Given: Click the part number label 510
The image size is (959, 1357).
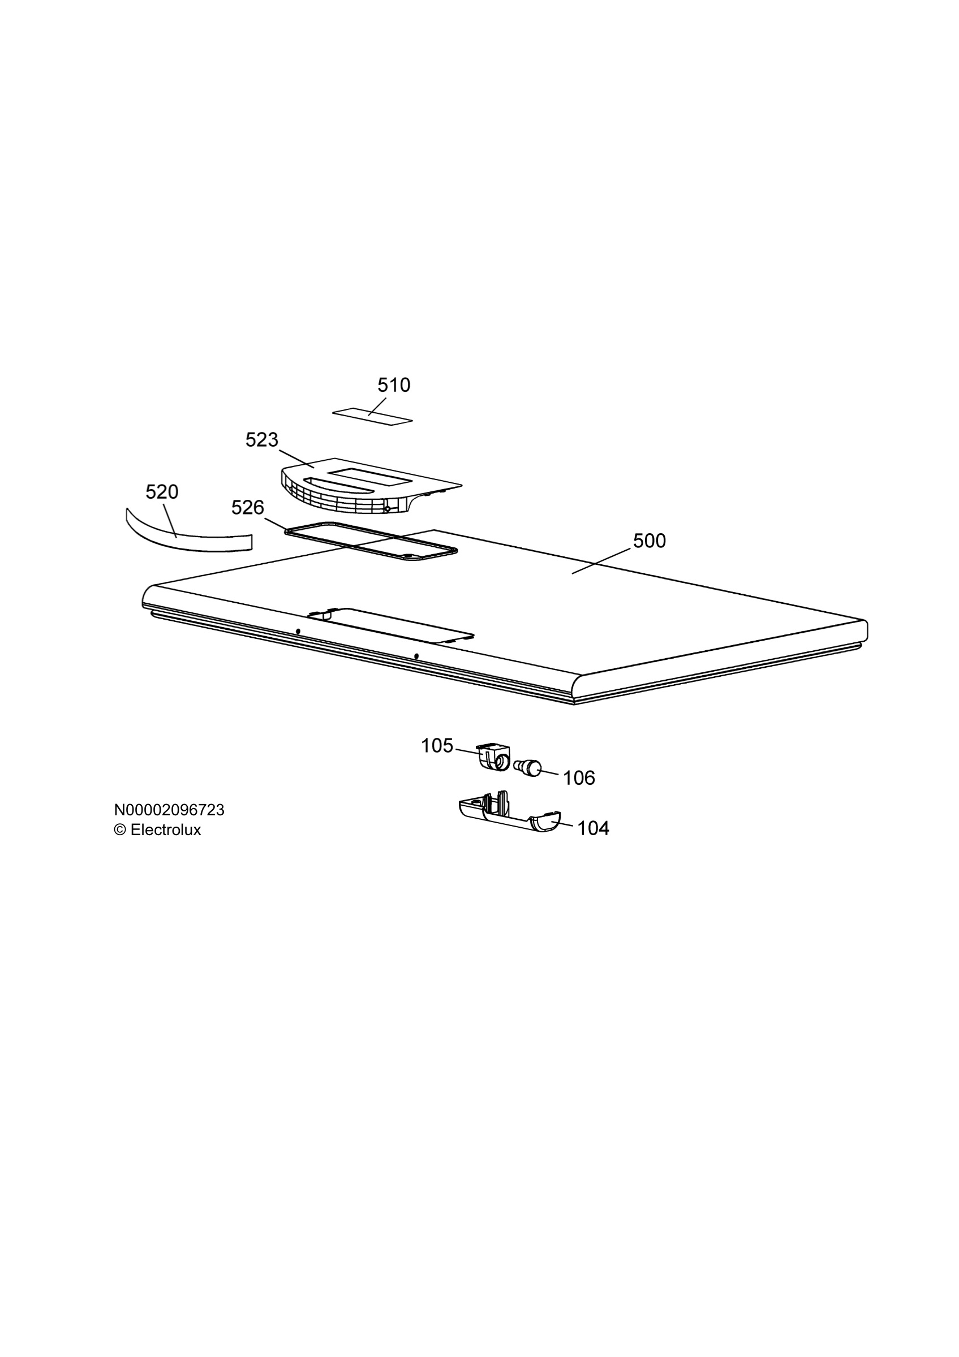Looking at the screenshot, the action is [394, 386].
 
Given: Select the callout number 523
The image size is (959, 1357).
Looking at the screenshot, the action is [262, 440].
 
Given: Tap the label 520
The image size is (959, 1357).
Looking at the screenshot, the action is [162, 492].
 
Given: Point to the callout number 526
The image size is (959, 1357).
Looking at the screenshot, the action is [248, 507].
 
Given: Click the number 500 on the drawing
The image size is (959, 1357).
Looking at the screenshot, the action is [649, 541].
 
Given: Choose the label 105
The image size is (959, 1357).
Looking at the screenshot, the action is [437, 746].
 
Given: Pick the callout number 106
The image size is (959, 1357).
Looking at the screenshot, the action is [579, 778].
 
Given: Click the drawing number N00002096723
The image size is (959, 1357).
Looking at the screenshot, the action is [169, 810].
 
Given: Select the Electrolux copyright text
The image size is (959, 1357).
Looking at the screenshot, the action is [157, 830].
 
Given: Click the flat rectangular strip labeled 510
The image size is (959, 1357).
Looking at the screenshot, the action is [372, 416].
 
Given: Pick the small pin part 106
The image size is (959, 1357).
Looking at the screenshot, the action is [528, 768].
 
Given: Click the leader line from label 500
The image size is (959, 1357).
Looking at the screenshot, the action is [601, 561].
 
